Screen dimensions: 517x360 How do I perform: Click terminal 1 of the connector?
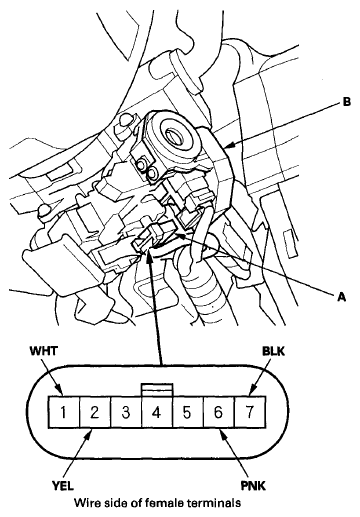coord(63,410)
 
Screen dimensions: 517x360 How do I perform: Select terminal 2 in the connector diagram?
coord(92,410)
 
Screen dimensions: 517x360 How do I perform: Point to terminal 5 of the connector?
coord(184,410)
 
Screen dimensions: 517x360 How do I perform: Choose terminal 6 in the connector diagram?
coord(214,410)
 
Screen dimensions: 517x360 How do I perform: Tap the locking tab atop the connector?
coord(153,388)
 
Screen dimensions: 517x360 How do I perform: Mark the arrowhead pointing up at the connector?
coord(150,257)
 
